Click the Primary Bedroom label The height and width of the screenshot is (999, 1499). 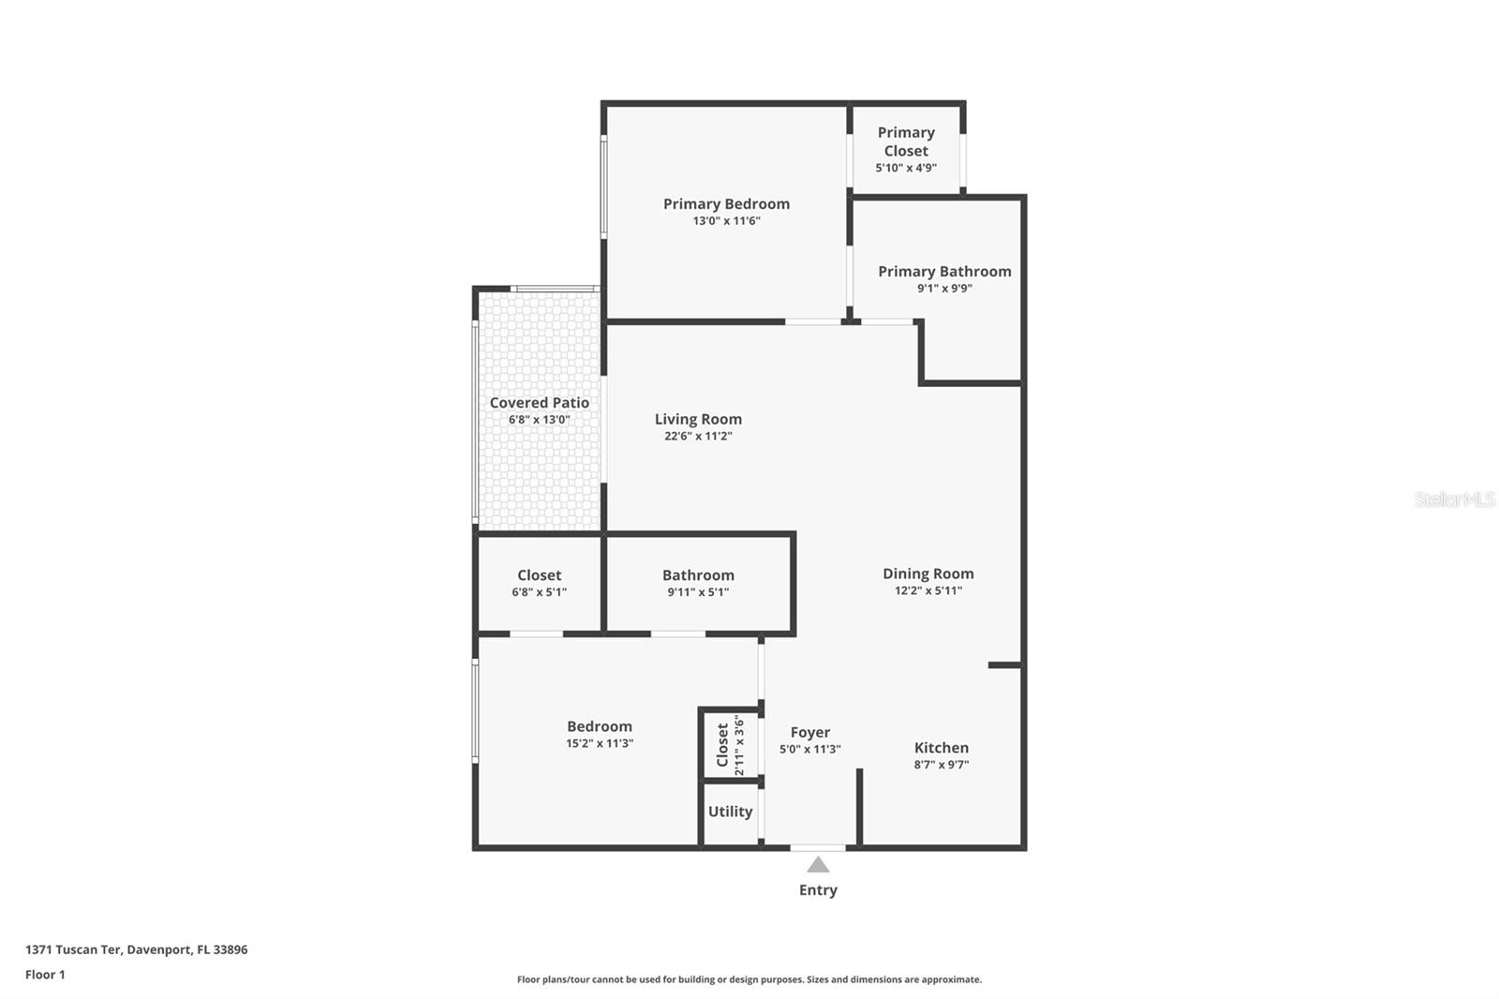[726, 204]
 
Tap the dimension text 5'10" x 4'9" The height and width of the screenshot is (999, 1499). [906, 169]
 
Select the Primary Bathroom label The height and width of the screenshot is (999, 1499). [944, 272]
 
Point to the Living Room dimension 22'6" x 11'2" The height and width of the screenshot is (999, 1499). [698, 437]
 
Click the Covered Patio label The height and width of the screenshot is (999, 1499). [540, 403]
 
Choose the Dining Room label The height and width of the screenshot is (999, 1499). [928, 574]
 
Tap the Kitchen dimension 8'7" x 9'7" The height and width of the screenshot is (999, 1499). [942, 765]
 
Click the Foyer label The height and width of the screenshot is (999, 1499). [809, 733]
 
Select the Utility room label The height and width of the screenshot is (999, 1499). [730, 812]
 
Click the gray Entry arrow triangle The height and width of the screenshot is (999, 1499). [818, 865]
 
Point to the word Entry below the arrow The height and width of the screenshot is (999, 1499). [818, 890]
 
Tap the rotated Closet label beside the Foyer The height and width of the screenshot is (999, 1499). [722, 745]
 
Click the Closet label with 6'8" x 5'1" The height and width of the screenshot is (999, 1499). [540, 575]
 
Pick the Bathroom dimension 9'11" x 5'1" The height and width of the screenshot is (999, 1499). [698, 592]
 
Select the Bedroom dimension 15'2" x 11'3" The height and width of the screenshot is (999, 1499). [600, 743]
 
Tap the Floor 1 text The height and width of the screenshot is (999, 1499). [45, 975]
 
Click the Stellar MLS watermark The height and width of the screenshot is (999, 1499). [1454, 499]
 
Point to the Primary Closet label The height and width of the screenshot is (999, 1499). [906, 142]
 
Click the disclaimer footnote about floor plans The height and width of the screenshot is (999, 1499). [749, 979]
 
